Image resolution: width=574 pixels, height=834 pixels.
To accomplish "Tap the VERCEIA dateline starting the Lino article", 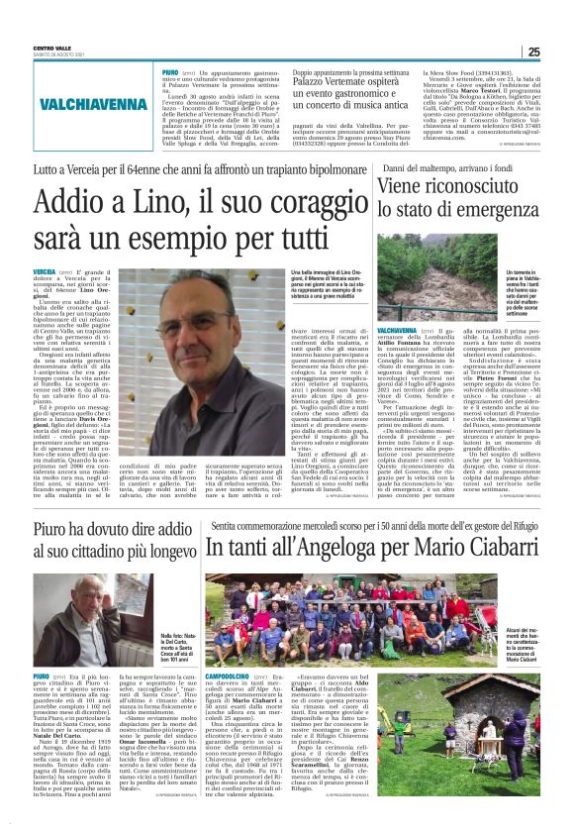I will click(x=44, y=270).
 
